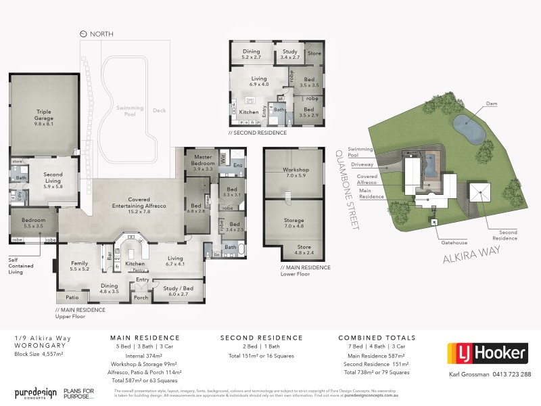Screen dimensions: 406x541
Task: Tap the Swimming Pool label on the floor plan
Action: click(x=125, y=111)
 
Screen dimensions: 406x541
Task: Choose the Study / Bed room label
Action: click(x=179, y=290)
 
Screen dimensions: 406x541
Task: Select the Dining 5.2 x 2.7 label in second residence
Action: click(x=251, y=54)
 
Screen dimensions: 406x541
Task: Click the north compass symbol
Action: click(x=83, y=33)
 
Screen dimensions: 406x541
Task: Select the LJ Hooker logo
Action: click(x=487, y=353)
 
